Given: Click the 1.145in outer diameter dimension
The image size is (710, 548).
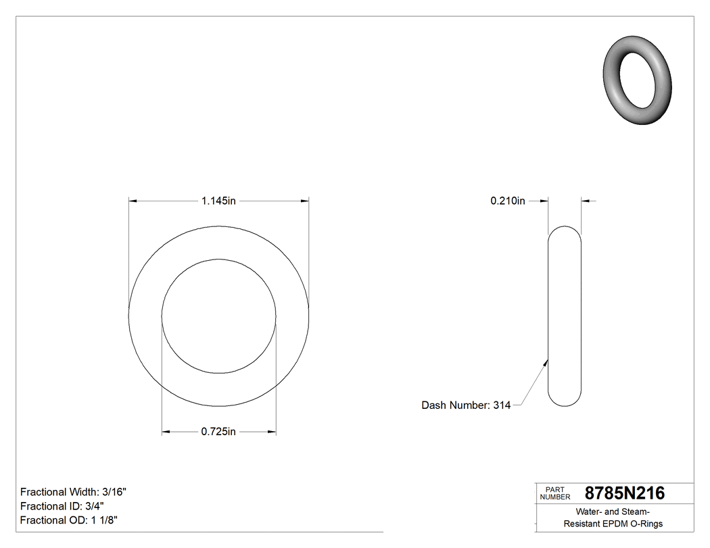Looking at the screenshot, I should click(x=218, y=201).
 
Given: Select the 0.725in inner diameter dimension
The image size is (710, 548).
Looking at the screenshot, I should click(x=218, y=432).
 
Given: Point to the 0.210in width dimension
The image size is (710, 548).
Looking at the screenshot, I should click(x=508, y=201).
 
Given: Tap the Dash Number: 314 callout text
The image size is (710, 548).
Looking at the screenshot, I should click(x=466, y=405).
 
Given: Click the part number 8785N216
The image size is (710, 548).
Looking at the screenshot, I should click(x=624, y=493).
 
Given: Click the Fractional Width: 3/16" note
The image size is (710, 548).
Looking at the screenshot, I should click(x=73, y=492).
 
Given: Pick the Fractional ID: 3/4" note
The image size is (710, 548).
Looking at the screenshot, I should click(x=62, y=506).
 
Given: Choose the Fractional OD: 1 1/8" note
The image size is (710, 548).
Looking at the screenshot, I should click(x=70, y=520).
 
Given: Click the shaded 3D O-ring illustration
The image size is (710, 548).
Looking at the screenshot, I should click(x=636, y=80).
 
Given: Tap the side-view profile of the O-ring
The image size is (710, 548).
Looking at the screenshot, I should click(x=564, y=316).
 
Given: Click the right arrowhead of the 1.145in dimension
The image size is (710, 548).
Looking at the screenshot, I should click(x=305, y=201).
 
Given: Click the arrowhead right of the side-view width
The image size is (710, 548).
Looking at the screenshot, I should click(x=586, y=201).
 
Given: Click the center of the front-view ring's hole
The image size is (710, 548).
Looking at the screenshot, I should click(x=218, y=316).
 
